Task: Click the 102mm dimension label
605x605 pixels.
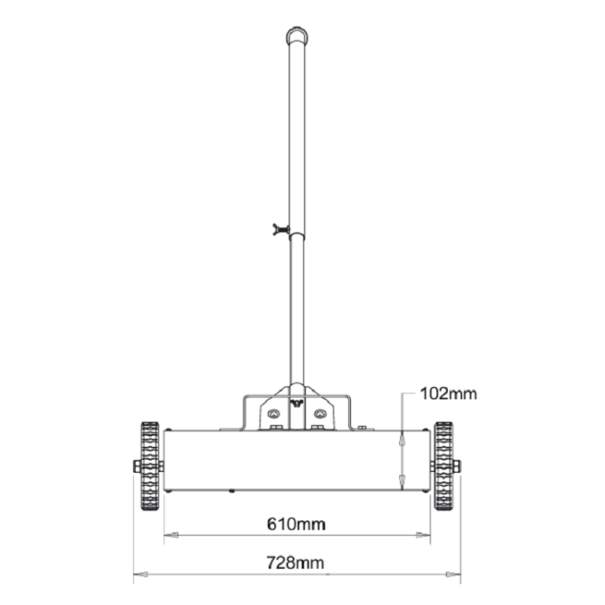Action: pos(448,394)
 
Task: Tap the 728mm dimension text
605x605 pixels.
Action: pos(296,563)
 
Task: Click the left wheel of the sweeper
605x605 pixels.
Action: pos(150,467)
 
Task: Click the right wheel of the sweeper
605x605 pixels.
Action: pos(444,467)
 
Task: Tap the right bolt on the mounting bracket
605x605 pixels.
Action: pos(320,413)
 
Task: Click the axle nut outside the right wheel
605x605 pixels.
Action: pos(457,467)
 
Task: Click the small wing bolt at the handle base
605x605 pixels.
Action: pos(296,402)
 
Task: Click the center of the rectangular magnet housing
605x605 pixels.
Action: pos(296,461)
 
